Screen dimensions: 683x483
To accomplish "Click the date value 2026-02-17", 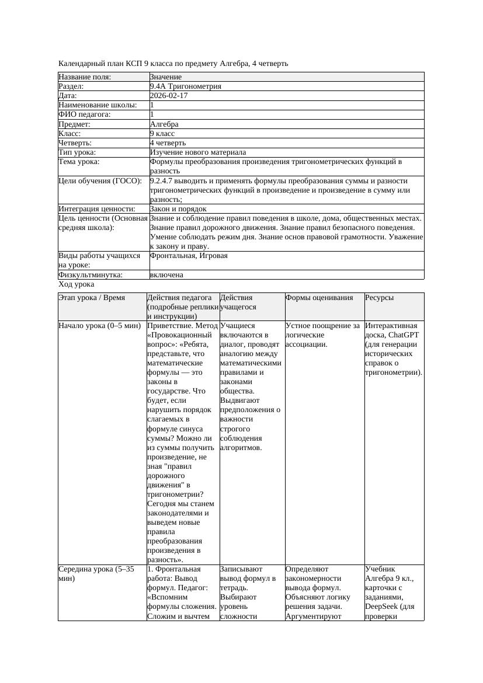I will [x=169, y=96].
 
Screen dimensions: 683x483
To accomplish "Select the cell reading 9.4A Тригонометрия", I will [x=185, y=86].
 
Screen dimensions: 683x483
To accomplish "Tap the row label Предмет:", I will [x=76, y=124].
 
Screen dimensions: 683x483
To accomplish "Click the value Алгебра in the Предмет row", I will [x=164, y=124].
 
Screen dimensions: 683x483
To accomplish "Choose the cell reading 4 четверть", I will [x=168, y=143].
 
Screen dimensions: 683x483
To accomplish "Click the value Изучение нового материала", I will [x=197, y=152].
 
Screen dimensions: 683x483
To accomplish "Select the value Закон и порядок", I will [x=178, y=209].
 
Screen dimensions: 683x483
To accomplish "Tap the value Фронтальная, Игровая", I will [x=189, y=256].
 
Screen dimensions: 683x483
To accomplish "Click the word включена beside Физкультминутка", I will [x=166, y=275].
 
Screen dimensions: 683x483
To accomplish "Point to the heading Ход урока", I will [x=77, y=284].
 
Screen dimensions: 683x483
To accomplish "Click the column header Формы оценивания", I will [x=319, y=298].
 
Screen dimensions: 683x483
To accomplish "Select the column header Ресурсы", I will [x=380, y=298].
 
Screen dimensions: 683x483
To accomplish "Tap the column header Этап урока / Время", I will [x=92, y=298].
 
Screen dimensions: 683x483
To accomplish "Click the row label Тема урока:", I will [x=79, y=162].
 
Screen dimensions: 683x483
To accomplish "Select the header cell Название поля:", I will [x=85, y=77].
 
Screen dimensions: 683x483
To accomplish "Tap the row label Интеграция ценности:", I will [x=96, y=209].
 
